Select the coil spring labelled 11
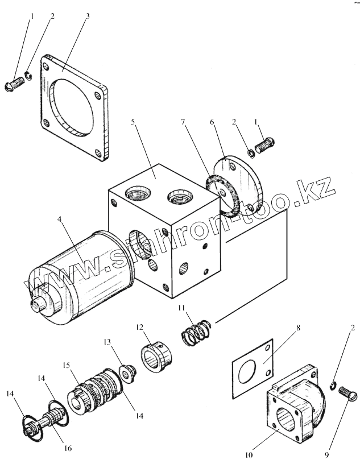pyautogui.click(x=196, y=332)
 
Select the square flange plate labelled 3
pyautogui.click(x=74, y=108)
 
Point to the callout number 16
pyautogui.click(x=67, y=448)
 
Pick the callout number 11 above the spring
pyautogui.click(x=181, y=308)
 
